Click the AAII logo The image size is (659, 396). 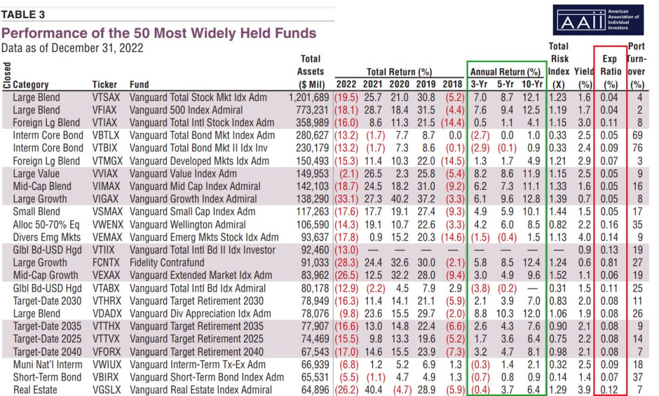(x=598, y=21)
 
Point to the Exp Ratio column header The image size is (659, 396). (x=609, y=71)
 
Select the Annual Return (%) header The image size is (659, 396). (x=505, y=72)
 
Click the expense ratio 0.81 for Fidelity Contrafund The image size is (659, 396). (x=609, y=262)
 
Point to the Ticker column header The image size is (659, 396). (x=105, y=84)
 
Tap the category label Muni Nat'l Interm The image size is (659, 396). (x=47, y=365)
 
